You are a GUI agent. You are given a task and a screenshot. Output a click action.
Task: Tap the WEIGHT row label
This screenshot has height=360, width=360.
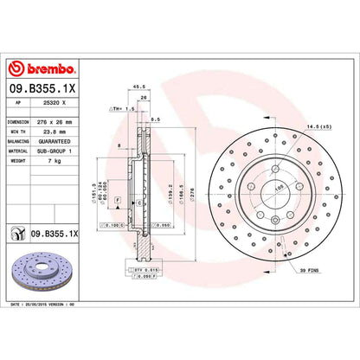(18, 160)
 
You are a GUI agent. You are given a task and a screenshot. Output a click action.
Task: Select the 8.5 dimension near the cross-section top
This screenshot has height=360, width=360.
(154, 119)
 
